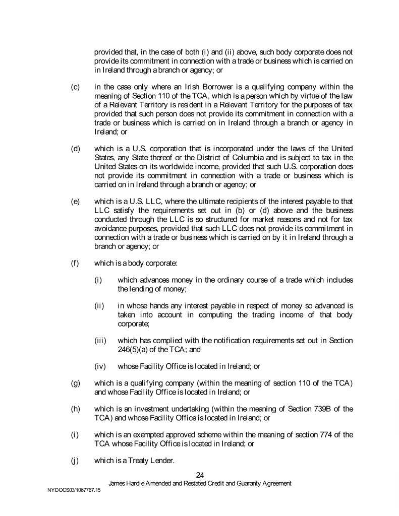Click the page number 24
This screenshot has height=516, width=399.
tap(200, 474)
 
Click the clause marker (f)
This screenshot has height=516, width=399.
tap(75, 262)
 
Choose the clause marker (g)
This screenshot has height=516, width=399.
tap(75, 384)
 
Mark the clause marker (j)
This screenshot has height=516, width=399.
tap(75, 459)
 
